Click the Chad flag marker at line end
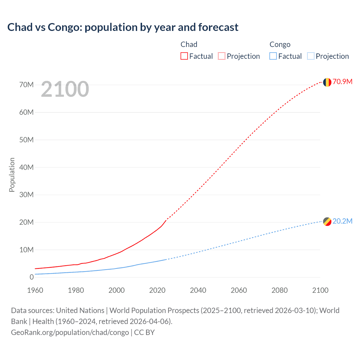[x=327, y=82]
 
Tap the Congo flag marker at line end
[x=327, y=222]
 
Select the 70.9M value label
[x=342, y=82]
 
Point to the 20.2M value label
[x=342, y=221]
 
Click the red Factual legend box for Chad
[x=184, y=56]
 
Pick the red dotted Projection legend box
[x=222, y=56]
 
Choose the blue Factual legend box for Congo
[x=273, y=56]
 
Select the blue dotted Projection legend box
[x=310, y=56]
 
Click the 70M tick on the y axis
[x=26, y=85]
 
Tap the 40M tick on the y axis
[x=26, y=167]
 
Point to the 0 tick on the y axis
[x=31, y=277]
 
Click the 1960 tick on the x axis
[x=35, y=290]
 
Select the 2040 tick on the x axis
[x=198, y=290]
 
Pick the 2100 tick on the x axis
[x=320, y=290]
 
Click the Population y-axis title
[x=12, y=175]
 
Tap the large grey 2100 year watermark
[x=65, y=89]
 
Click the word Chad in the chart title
[x=20, y=27]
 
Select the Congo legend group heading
[x=280, y=44]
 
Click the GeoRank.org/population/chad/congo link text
[x=70, y=332]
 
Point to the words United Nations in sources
[x=80, y=310]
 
